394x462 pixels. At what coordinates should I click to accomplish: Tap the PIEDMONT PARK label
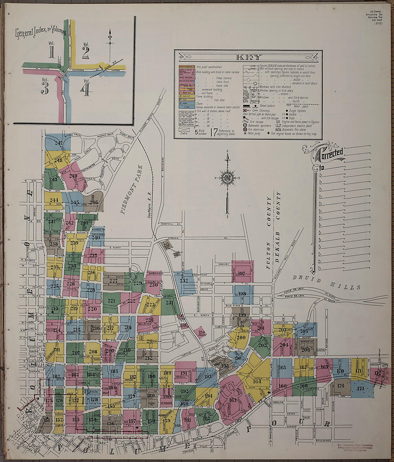tap(131, 190)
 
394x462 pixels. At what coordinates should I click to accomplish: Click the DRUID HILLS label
tap(326, 282)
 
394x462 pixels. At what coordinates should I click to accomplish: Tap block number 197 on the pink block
tap(241, 273)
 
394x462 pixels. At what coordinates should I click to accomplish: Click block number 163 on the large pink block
tap(233, 400)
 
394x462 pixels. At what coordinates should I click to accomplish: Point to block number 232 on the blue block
tap(184, 281)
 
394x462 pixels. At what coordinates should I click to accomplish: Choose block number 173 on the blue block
tap(360, 388)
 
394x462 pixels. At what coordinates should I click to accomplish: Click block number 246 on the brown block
tap(93, 202)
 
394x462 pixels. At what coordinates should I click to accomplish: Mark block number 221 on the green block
tap(111, 301)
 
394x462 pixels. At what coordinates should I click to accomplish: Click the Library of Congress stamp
tap(354, 448)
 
